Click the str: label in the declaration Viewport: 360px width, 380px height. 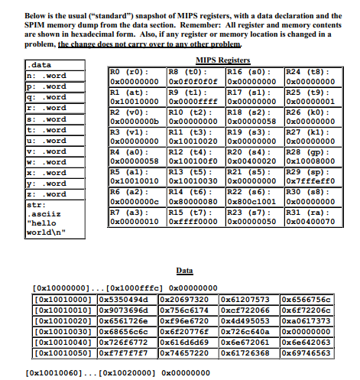35,206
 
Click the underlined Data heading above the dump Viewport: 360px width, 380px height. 185,271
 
